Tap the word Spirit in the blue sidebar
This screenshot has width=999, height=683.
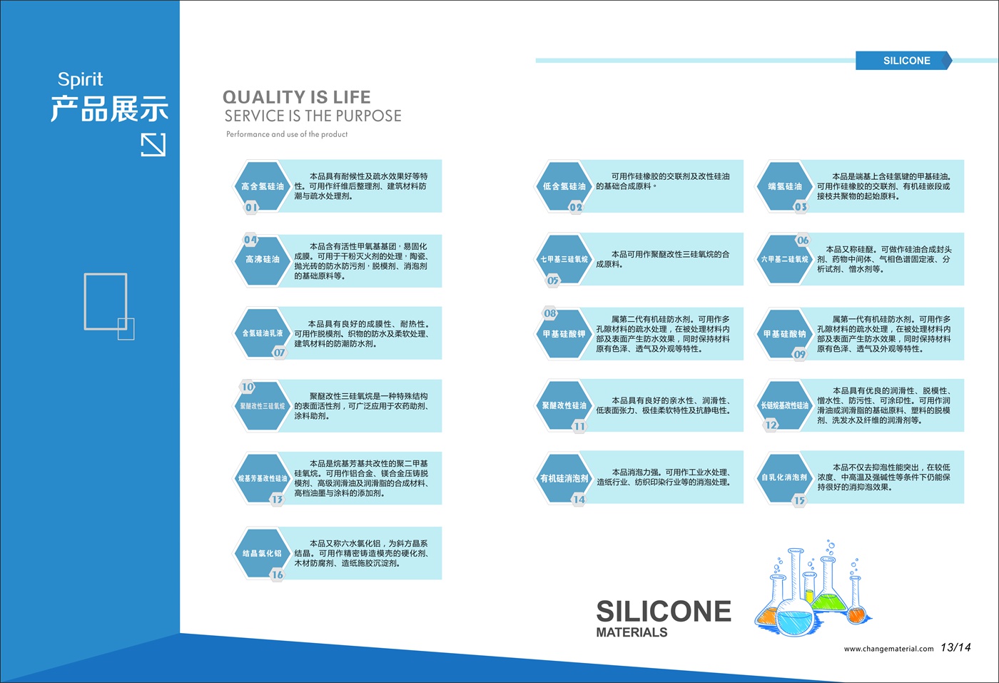tap(80, 79)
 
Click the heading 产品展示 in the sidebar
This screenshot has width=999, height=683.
tap(109, 108)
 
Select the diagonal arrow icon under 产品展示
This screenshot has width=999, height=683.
tap(153, 145)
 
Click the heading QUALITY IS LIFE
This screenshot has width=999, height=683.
tap(297, 97)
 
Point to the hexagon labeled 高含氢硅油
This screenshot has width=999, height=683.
tap(263, 186)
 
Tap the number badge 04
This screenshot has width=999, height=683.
tap(250, 240)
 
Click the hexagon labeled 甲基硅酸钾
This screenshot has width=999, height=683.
tap(564, 333)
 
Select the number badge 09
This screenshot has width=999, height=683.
tap(799, 354)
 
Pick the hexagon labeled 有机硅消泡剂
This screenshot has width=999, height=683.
tap(564, 478)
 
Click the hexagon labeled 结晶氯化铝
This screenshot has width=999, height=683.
tap(263, 553)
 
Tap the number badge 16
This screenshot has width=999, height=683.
tap(277, 575)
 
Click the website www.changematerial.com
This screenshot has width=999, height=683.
tap(888, 649)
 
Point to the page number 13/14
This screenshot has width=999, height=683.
tap(955, 647)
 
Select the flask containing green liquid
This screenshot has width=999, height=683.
tap(828, 588)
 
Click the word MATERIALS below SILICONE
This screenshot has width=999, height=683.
tap(632, 632)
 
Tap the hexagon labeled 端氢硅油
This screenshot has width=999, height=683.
tap(784, 186)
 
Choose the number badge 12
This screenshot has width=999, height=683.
tap(771, 425)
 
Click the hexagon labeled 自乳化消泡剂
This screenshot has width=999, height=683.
tap(784, 477)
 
